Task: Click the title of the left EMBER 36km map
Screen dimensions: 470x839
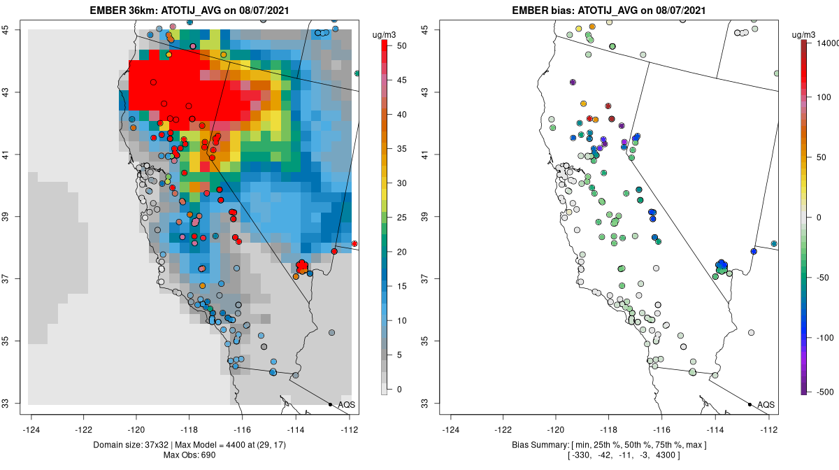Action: click(x=189, y=10)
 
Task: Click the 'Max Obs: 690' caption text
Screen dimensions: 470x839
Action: click(x=189, y=456)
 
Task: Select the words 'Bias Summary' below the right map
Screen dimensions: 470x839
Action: click(x=535, y=446)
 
